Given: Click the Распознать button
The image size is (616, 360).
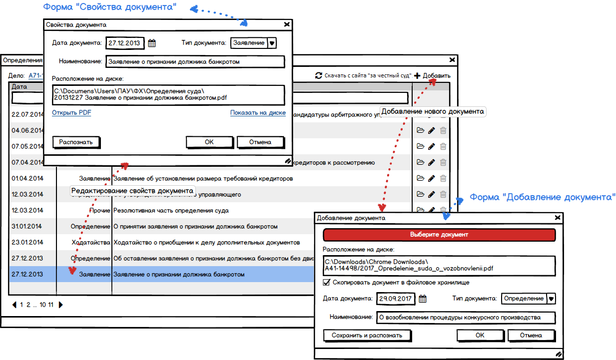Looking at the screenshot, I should click(76, 142).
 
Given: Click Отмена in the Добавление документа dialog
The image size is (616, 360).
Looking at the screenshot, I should click(531, 336).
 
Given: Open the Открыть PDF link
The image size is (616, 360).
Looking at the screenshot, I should click(71, 113).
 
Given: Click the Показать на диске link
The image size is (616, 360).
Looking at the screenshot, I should click(258, 113).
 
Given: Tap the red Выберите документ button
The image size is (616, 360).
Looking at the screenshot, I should click(439, 235).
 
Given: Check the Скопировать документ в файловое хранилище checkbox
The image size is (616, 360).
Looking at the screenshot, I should click(327, 283).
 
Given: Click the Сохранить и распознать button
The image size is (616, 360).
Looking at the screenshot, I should click(367, 336).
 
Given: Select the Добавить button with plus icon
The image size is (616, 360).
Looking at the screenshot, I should click(432, 76).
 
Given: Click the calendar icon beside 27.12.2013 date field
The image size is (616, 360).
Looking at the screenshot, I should click(152, 43).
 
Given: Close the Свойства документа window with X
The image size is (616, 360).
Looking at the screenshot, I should click(287, 24).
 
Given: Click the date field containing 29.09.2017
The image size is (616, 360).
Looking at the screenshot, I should click(395, 299).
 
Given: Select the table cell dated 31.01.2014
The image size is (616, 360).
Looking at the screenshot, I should click(27, 226).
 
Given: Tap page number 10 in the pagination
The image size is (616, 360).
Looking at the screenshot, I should click(43, 305).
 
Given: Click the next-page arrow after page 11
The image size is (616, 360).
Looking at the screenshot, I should click(61, 305).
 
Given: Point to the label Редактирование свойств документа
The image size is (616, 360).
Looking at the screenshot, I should click(132, 191).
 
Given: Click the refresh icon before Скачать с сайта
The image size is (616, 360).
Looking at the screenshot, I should click(318, 76).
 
